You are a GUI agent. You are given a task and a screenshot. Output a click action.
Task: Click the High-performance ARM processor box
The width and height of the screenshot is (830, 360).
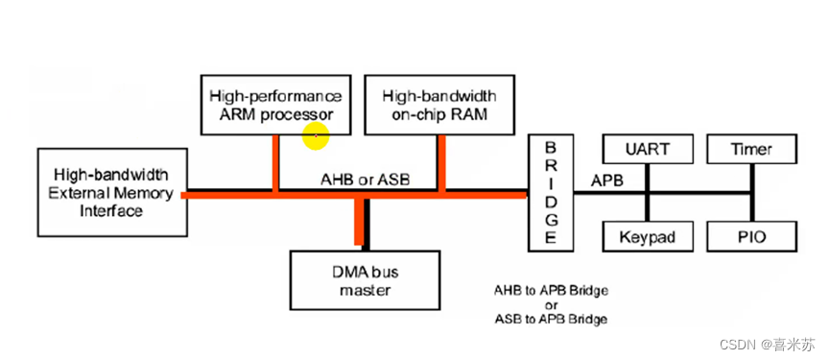275,105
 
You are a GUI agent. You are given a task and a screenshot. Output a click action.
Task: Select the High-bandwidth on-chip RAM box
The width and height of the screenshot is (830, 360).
439,105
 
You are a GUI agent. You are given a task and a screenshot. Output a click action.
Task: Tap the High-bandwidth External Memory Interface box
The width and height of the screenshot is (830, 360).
112,192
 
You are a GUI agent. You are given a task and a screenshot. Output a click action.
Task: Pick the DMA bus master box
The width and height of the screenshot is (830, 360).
365,280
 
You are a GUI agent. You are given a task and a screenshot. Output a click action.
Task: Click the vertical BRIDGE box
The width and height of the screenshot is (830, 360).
551,193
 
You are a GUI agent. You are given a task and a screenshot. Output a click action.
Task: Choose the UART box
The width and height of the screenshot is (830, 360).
648,149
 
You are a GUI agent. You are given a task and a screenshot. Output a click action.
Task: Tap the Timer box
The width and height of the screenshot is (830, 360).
751,149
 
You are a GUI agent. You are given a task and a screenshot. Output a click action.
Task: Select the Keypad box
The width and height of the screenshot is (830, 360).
648,237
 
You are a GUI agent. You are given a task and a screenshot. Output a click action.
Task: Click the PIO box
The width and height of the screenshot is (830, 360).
751,237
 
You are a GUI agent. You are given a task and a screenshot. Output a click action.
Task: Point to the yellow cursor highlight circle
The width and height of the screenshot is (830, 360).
316,136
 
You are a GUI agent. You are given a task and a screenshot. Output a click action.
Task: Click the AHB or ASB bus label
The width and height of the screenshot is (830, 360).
366,180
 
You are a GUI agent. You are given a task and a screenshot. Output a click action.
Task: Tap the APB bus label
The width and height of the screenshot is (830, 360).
607,180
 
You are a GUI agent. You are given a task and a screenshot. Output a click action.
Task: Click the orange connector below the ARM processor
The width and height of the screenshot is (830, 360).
275,163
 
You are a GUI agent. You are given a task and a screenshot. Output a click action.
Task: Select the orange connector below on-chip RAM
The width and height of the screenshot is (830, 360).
441,163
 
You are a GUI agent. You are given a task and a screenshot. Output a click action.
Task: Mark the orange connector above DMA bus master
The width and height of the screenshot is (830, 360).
359,222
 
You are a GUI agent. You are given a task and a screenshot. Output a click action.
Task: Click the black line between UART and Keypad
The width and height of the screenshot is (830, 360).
648,193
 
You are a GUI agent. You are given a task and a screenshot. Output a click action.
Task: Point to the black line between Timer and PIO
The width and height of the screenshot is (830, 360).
751,193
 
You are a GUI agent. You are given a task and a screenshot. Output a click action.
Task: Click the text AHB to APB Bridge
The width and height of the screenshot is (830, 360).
551,291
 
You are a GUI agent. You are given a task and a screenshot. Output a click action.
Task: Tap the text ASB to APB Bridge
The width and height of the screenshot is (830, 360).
551,320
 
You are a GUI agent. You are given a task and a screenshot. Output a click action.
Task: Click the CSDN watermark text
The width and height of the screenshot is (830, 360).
767,344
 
